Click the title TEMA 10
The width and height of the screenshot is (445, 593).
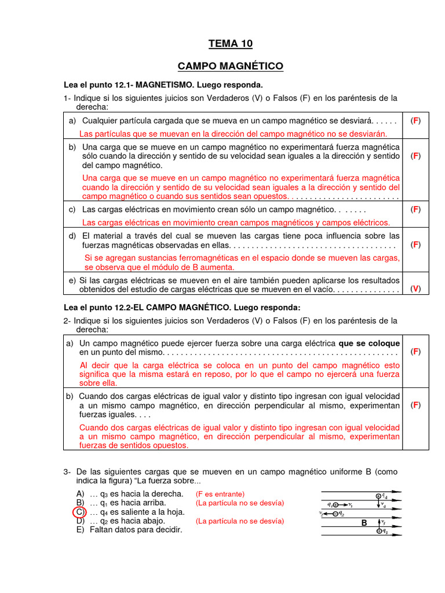pyautogui.click(x=230, y=44)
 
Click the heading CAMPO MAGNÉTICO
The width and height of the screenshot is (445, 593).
pyautogui.click(x=230, y=67)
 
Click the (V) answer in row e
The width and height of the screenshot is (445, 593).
pyautogui.click(x=415, y=289)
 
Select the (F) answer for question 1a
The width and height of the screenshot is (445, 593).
pyautogui.click(x=415, y=121)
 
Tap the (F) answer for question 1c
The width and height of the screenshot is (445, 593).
pyautogui.click(x=415, y=209)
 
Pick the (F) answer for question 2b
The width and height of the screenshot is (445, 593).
pyautogui.click(x=415, y=405)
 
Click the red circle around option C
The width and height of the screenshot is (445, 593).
pyautogui.click(x=78, y=513)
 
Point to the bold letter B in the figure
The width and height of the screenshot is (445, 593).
pyautogui.click(x=364, y=523)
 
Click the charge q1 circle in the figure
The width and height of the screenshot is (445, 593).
pyautogui.click(x=337, y=504)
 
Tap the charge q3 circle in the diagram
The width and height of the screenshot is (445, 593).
pyautogui.click(x=379, y=531)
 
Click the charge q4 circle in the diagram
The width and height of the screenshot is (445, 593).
pyautogui.click(x=379, y=496)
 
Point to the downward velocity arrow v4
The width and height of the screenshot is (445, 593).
pyautogui.click(x=379, y=506)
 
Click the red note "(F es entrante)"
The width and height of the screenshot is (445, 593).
pyautogui.click(x=220, y=494)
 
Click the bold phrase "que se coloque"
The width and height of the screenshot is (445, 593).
pyautogui.click(x=369, y=343)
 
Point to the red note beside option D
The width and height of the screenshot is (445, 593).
pyautogui.click(x=240, y=521)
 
